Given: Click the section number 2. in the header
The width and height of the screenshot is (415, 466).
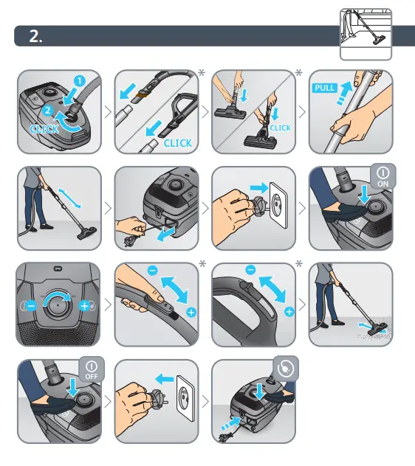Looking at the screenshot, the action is tap(35, 36).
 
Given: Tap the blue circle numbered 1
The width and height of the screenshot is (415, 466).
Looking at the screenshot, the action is tap(80, 81).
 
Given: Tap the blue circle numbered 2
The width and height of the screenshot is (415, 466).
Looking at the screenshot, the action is tap(48, 111).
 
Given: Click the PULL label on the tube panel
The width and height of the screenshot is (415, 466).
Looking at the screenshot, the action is tap(325, 88).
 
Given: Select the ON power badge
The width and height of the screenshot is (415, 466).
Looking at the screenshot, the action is tap(383, 176).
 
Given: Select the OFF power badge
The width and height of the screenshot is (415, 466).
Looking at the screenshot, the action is tap(92, 369).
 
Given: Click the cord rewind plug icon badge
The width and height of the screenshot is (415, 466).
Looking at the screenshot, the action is tap(286, 369).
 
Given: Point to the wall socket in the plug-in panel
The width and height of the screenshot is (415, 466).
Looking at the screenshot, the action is tap(278, 205).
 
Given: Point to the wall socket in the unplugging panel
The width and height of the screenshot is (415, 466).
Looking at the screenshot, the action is tap(185, 398).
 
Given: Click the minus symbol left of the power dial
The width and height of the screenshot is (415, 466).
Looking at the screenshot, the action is tap(31, 306).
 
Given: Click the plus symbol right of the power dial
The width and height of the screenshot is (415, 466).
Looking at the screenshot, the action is tap(84, 306).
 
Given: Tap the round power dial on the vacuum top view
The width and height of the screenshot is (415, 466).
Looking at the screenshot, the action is tap(57, 305).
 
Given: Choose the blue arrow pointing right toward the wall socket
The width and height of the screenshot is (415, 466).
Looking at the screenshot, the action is tap(259, 188).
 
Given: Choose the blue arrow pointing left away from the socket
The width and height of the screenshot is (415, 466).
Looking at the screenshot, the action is tap(165, 379).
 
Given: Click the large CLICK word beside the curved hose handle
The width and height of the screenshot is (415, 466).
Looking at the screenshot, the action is tap(178, 143).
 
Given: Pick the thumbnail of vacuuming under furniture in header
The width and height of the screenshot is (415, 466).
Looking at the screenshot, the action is tap(366, 34).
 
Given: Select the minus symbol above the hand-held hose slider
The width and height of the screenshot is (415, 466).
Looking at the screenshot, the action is tap(153, 271).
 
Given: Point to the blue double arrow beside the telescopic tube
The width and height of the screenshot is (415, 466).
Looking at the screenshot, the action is tap(69, 198).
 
